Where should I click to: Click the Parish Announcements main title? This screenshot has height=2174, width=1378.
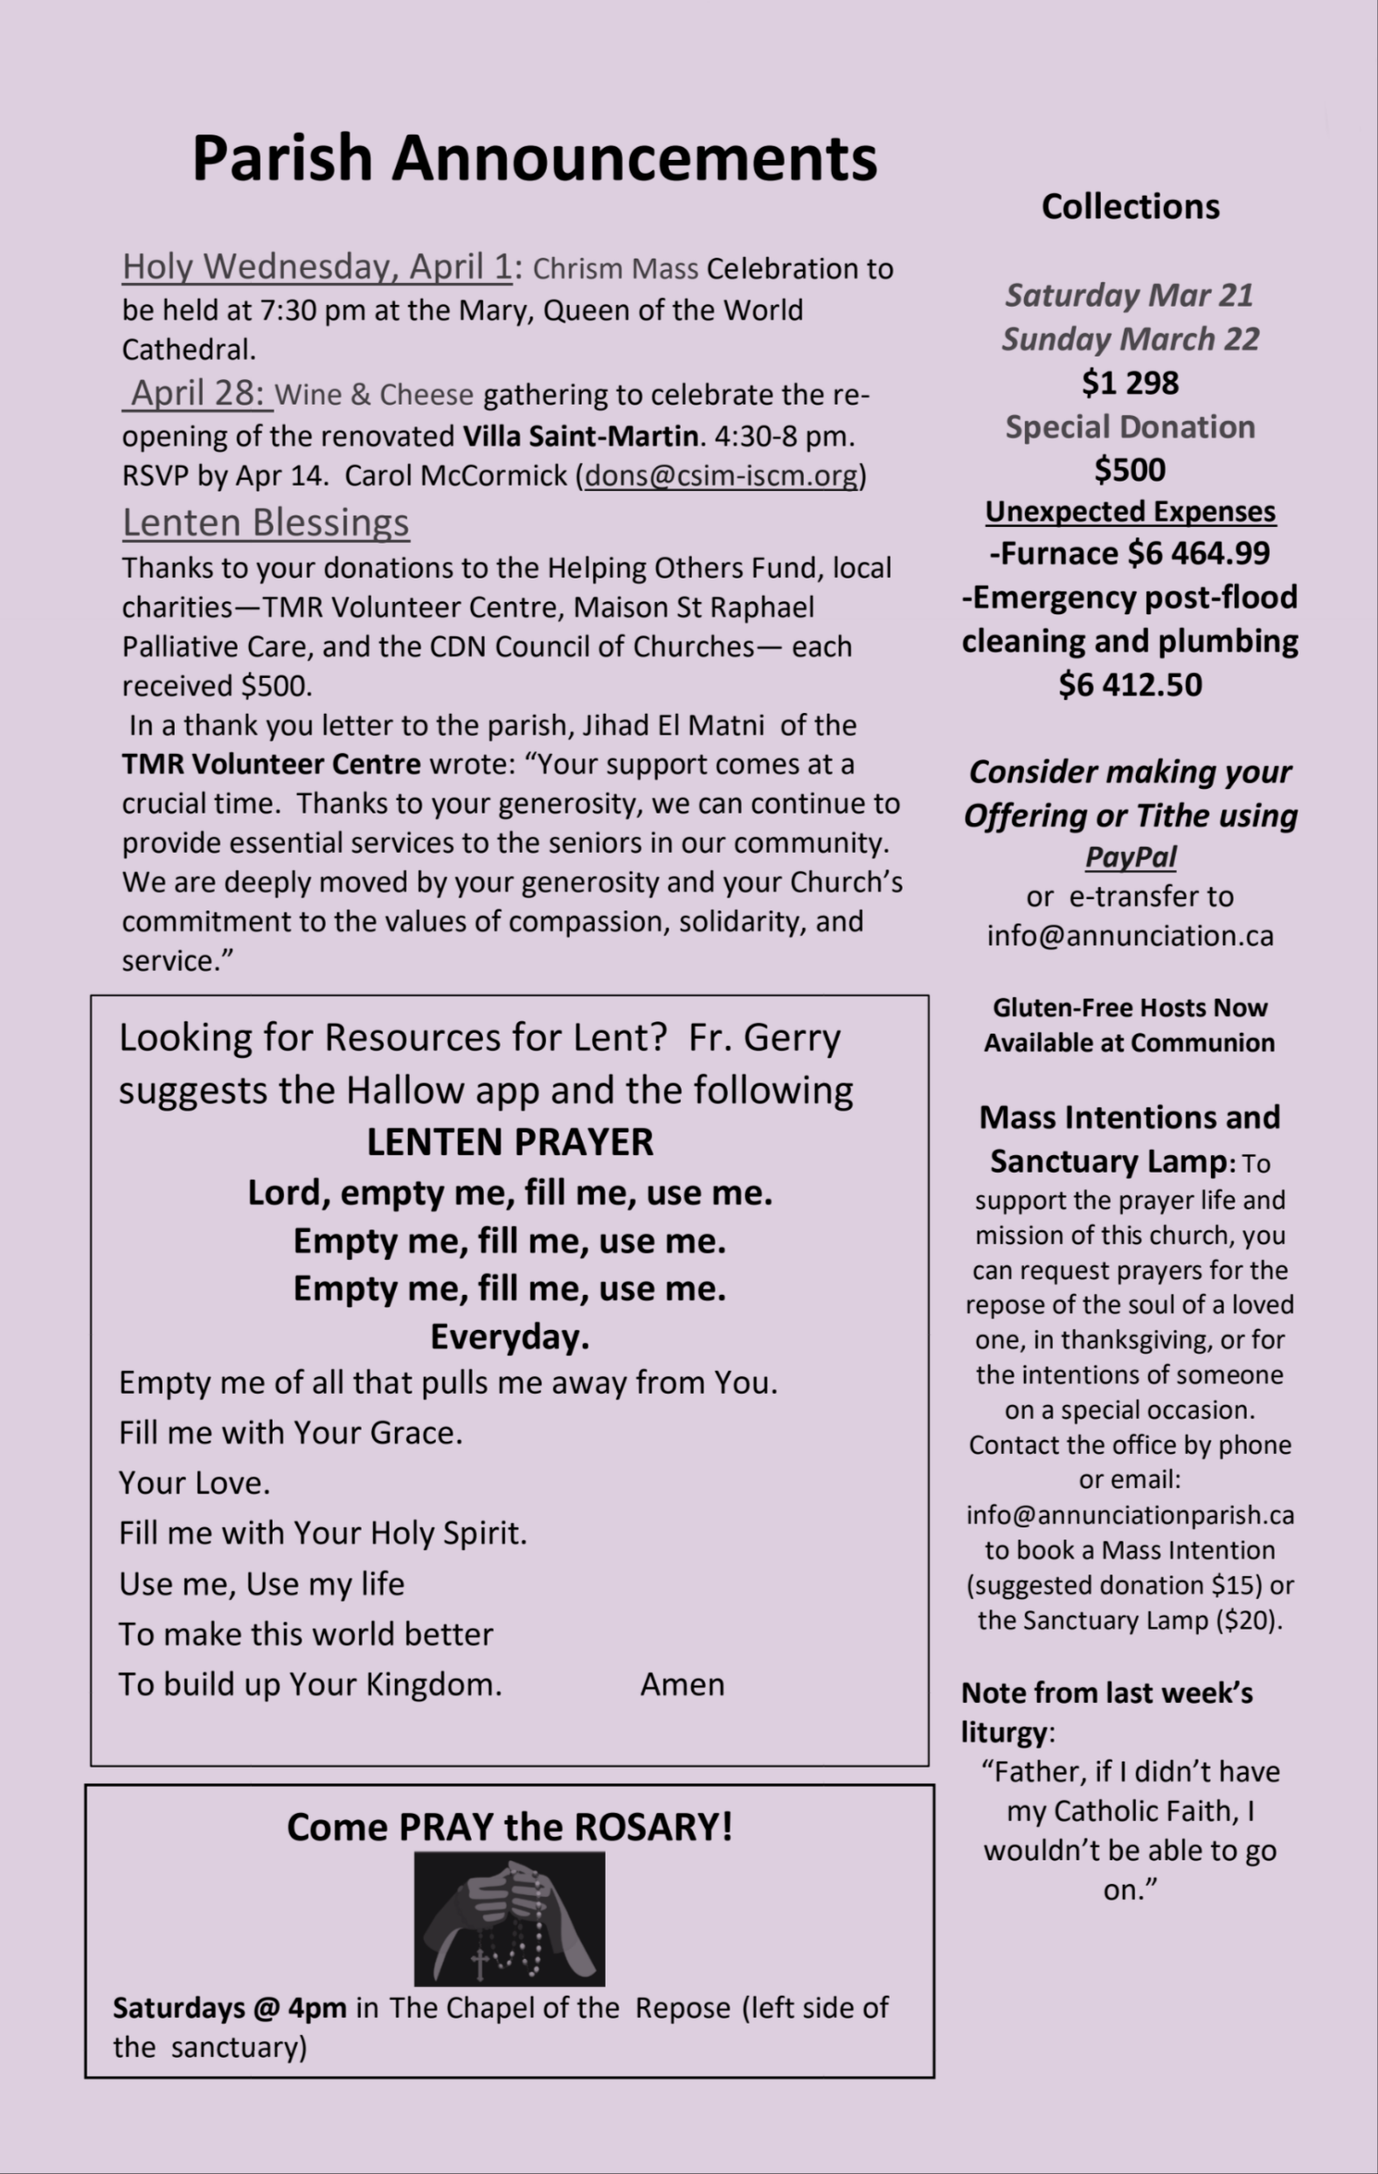pos(534,158)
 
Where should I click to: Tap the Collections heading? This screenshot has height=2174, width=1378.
pos(1130,207)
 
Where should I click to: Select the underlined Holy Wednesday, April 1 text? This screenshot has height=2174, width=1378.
pos(317,267)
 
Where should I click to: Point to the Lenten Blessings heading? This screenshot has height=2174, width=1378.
pos(266,523)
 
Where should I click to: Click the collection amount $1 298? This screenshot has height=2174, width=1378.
pos(1130,383)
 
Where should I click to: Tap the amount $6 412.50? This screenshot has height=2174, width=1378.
pos(1130,684)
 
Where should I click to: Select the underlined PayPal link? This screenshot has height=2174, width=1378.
pos(1130,855)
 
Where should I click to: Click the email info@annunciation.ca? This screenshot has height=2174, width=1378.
pos(1130,935)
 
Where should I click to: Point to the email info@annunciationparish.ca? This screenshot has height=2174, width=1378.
pos(1130,1514)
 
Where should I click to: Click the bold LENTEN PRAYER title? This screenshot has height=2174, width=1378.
pos(509,1142)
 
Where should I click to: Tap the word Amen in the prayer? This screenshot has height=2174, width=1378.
pos(682,1684)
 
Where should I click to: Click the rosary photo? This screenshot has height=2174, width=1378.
pos(509,1918)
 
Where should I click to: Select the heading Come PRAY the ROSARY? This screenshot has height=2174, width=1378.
pos(509,1827)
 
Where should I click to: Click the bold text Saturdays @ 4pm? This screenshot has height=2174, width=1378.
pos(229,2008)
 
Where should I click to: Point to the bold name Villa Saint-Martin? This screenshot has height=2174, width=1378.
pos(579,436)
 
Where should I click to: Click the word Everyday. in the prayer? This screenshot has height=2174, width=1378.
pos(509,1336)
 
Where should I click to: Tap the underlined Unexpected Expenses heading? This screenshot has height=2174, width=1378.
pos(1130,511)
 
